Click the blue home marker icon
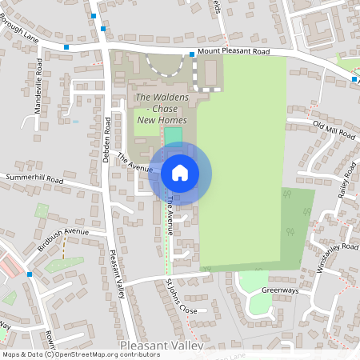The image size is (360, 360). pos(180,172)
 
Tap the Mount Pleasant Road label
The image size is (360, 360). pos(238,50)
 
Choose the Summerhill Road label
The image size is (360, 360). pos(34,178)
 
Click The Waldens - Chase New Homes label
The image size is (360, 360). pos(161,109)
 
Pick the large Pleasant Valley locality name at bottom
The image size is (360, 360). pos(161,346)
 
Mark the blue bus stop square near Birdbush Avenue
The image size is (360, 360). pos(30,274)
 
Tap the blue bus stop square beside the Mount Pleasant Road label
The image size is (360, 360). pos(192,54)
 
